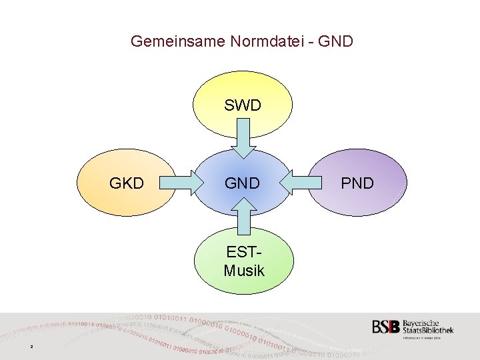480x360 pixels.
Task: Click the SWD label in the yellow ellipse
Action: pos(242,105)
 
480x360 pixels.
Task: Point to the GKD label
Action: pos(127,183)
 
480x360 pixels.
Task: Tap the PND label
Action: pos(357,183)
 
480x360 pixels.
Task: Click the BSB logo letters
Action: pos(386,327)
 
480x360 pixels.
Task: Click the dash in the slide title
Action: pos(311,42)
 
